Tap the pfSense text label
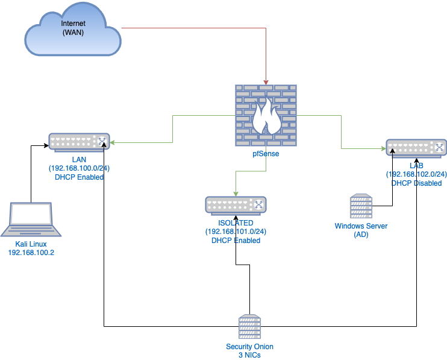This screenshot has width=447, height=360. tap(266, 154)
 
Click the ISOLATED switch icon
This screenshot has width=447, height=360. tap(236, 205)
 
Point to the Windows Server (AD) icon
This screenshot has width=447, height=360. tap(361, 207)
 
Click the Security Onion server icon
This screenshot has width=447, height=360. tap(249, 328)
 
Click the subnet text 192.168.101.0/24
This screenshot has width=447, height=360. tap(236, 232)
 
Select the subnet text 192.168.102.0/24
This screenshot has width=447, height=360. tap(416, 174)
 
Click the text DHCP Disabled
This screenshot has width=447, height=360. tap(416, 183)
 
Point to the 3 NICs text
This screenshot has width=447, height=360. tap(249, 355)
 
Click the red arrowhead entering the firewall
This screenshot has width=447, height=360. tap(266, 81)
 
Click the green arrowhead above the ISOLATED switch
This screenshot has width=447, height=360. tap(236, 194)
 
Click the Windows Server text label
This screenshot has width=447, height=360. tap(361, 226)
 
